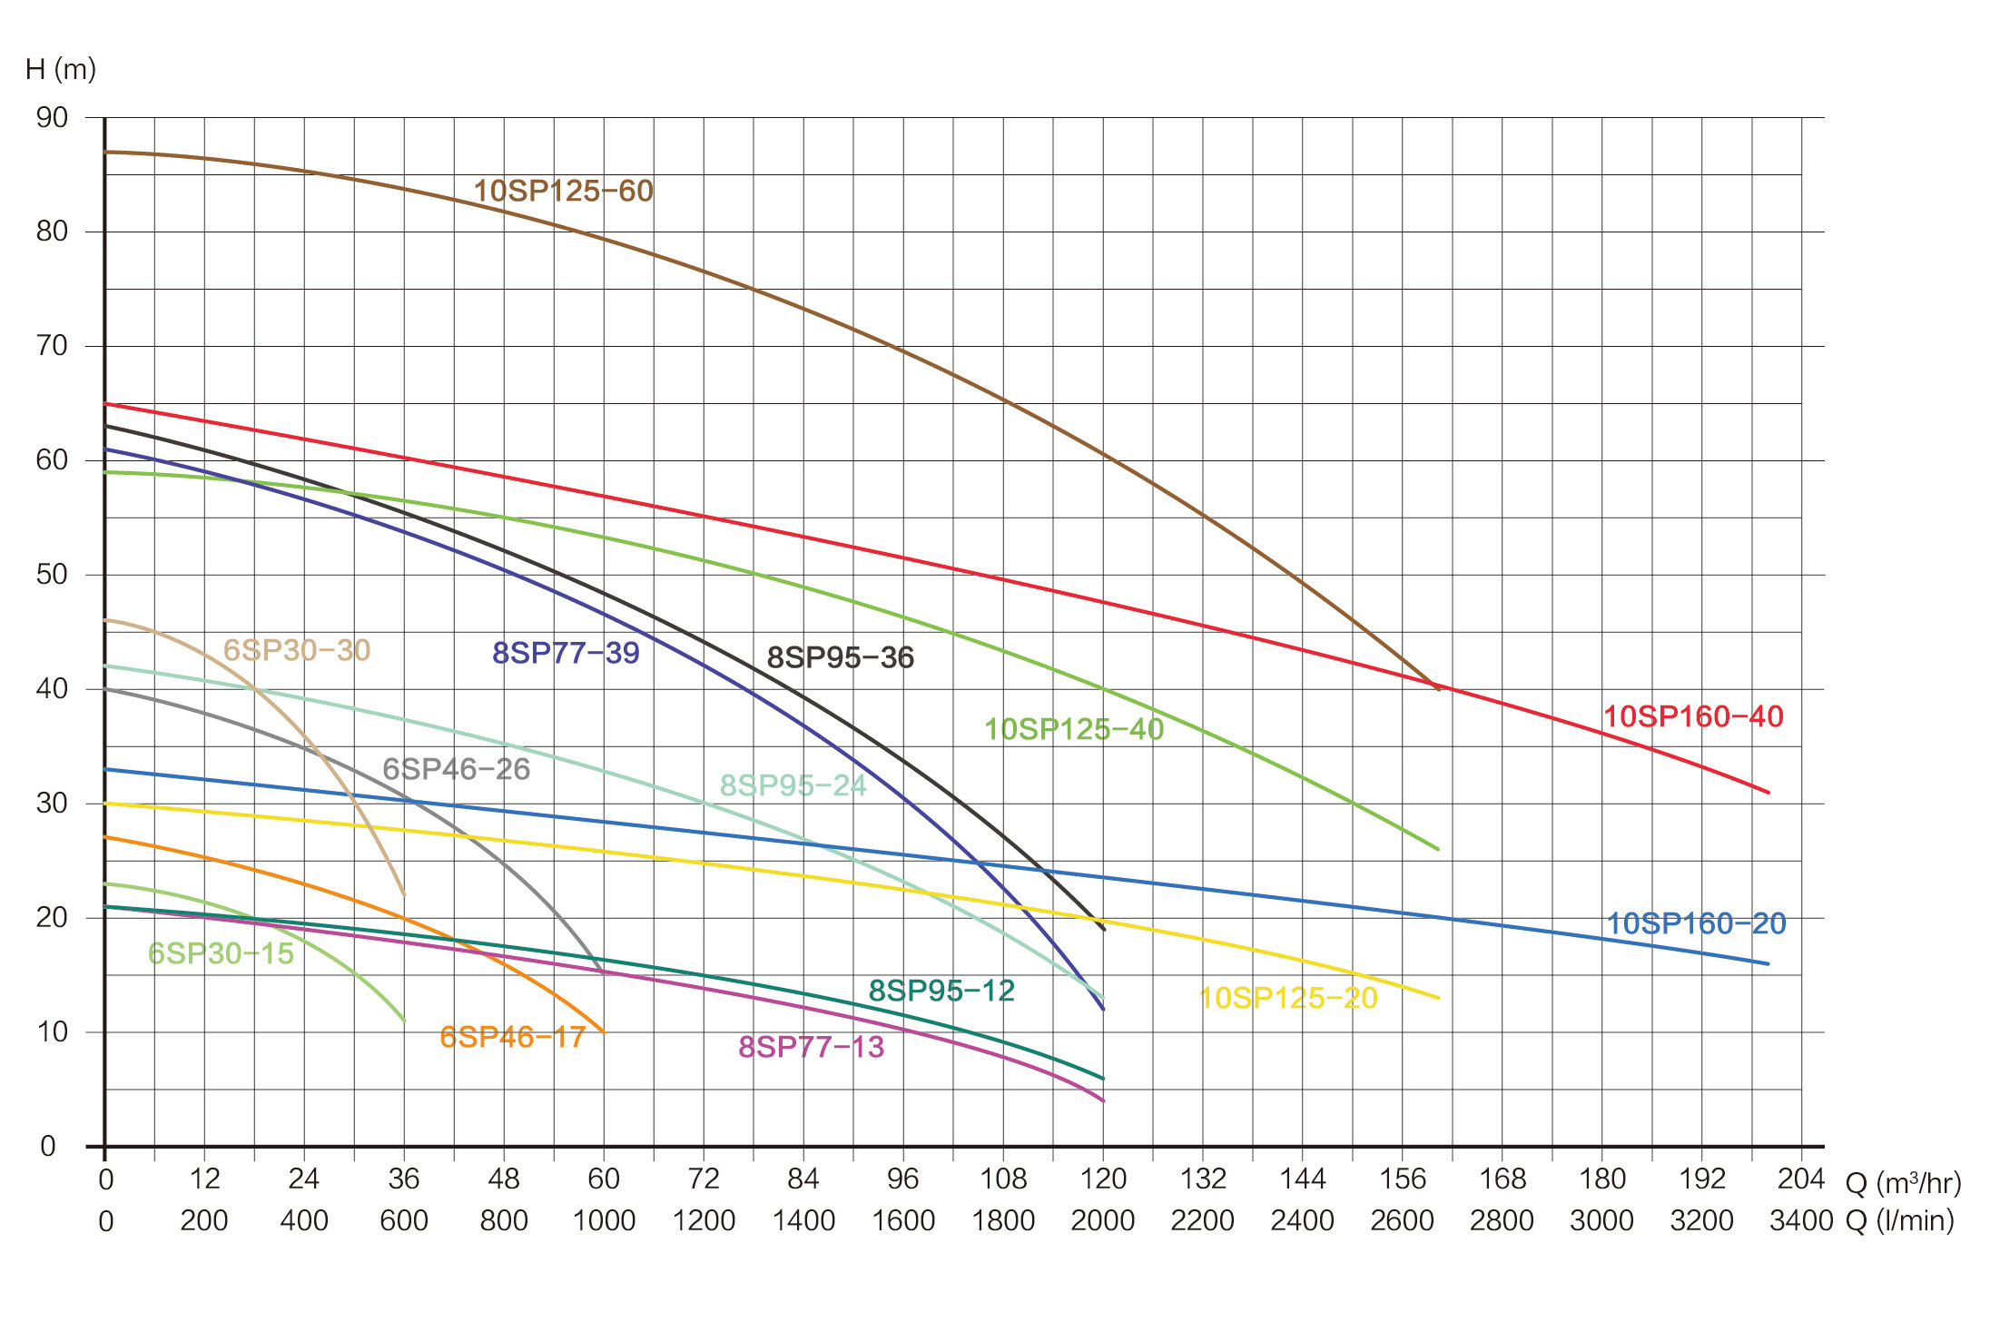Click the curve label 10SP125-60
[563, 191]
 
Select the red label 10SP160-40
[1693, 716]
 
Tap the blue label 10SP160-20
[1696, 923]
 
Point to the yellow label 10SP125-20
[1288, 998]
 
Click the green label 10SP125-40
[1074, 729]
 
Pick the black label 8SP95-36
[840, 657]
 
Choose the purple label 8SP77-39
[566, 653]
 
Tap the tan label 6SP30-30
[297, 650]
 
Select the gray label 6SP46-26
[456, 769]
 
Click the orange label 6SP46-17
[512, 1037]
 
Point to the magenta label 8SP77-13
[811, 1047]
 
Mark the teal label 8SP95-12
[941, 991]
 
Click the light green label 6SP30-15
[221, 953]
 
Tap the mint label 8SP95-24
[793, 785]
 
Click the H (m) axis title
[61, 69]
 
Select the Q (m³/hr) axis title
[1903, 1183]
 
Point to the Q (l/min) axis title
[1899, 1220]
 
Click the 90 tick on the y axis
[52, 117]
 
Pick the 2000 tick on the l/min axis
[1102, 1220]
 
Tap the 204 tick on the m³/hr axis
[1800, 1179]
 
